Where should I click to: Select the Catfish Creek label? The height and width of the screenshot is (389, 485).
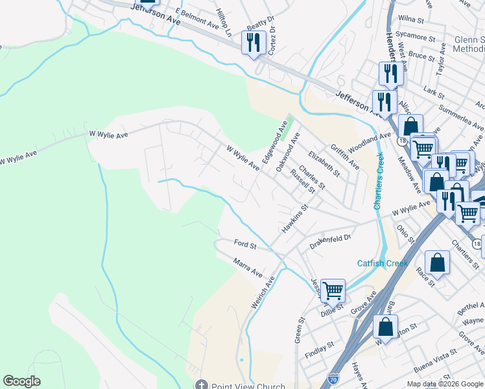coord(383,263)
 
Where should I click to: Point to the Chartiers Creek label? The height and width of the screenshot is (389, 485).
coord(379,180)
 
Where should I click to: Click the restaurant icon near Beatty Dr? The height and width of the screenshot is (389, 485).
coord(253,43)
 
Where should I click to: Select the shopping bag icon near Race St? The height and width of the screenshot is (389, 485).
coord(438,263)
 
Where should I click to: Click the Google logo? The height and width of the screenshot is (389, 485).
coord(21,381)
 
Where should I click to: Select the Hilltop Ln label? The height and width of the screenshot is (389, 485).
coord(224,23)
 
